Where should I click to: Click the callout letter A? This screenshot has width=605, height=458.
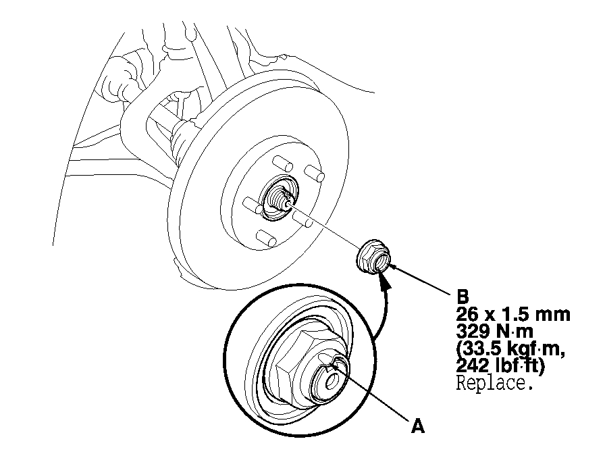(418, 427)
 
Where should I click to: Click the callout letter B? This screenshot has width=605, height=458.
(463, 297)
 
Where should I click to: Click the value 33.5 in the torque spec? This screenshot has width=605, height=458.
(482, 349)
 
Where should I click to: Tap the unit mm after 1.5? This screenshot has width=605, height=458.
(552, 315)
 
